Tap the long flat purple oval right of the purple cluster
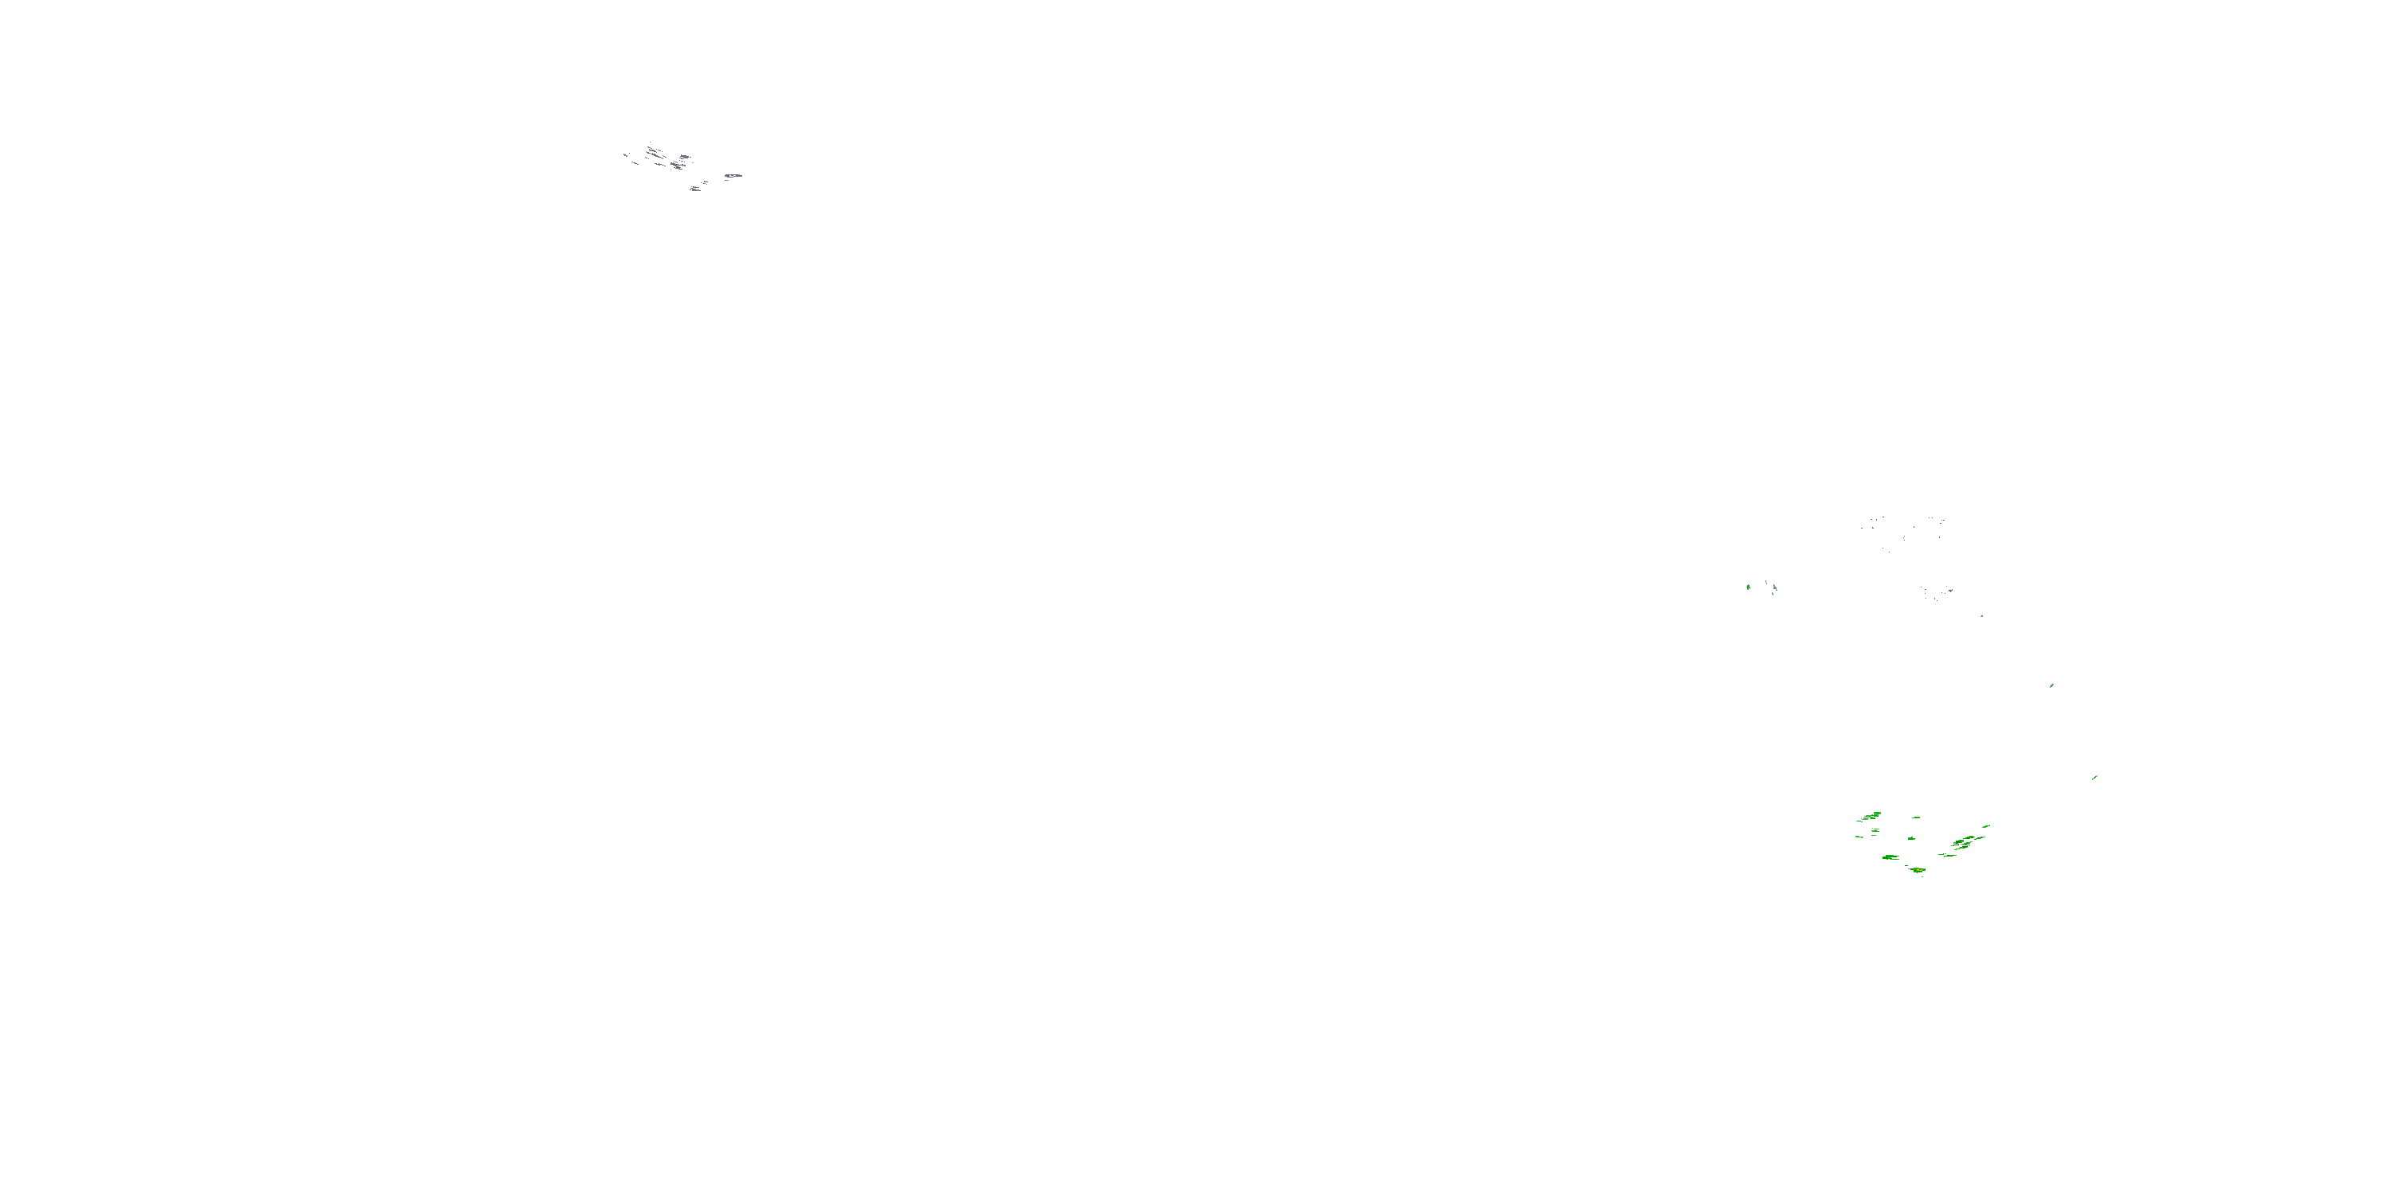[733, 176]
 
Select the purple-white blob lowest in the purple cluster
[697, 189]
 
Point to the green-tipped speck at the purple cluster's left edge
[626, 156]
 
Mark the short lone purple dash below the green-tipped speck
[635, 163]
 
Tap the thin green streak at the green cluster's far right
[1987, 826]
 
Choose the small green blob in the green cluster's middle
[1912, 839]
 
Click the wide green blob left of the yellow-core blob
[1891, 857]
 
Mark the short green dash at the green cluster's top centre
[1917, 817]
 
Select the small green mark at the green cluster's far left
[1859, 837]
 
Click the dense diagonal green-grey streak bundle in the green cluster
[1962, 844]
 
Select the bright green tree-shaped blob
[1748, 587]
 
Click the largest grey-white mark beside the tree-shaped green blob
[1775, 587]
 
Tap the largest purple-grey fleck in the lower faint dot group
[1950, 591]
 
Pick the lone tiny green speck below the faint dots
[1982, 616]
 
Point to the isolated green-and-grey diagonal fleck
[2051, 686]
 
